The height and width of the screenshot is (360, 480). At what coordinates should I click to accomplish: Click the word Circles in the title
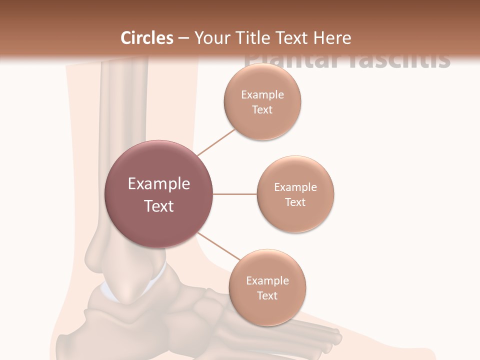pyautogui.click(x=146, y=38)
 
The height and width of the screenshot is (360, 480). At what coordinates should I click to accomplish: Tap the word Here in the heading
pyautogui.click(x=332, y=38)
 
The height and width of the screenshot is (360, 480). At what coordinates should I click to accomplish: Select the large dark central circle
pyautogui.click(x=158, y=194)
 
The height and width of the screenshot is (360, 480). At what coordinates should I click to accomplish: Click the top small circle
pyautogui.click(x=262, y=102)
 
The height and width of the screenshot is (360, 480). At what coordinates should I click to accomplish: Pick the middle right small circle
pyautogui.click(x=295, y=194)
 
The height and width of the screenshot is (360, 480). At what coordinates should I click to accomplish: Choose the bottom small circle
pyautogui.click(x=267, y=288)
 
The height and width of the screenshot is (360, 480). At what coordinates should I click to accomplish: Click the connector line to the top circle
pyautogui.click(x=216, y=142)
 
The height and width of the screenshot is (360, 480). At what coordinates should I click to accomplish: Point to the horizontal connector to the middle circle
pyautogui.click(x=234, y=194)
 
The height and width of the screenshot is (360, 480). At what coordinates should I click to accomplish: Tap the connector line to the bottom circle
pyautogui.click(x=218, y=246)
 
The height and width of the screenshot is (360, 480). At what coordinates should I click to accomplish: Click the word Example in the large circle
pyautogui.click(x=158, y=184)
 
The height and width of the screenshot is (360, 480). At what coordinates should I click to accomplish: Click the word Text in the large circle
pyautogui.click(x=158, y=206)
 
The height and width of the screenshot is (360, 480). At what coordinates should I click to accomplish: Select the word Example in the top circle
pyautogui.click(x=262, y=95)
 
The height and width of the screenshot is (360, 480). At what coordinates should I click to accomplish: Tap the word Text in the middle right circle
pyautogui.click(x=295, y=202)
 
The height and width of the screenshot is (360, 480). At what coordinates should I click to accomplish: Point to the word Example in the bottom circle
pyautogui.click(x=267, y=281)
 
